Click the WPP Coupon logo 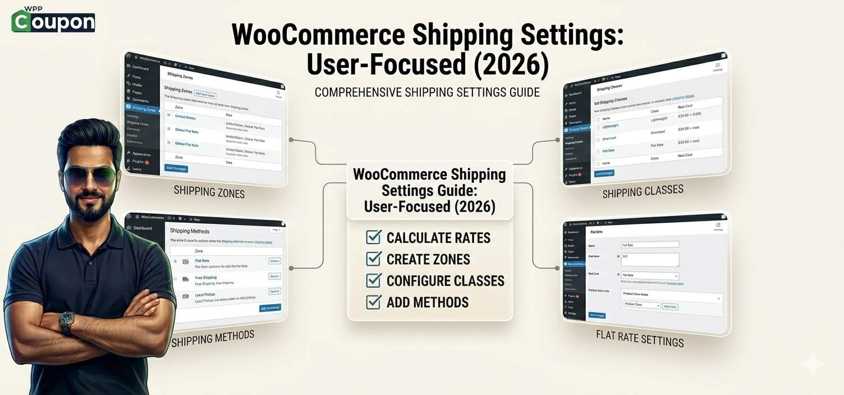click(53, 20)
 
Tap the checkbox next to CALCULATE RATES click(374, 237)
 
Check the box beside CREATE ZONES click(374, 259)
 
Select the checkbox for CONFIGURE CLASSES click(374, 280)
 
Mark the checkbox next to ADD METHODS click(374, 302)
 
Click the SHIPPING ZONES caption click(209, 192)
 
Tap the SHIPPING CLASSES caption click(643, 191)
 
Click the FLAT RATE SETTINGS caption click(640, 338)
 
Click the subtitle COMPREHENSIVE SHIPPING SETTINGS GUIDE click(427, 92)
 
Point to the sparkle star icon click(811, 364)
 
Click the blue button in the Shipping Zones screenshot click(176, 168)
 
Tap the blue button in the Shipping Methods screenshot click(270, 308)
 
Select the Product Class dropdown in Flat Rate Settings click(642, 305)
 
